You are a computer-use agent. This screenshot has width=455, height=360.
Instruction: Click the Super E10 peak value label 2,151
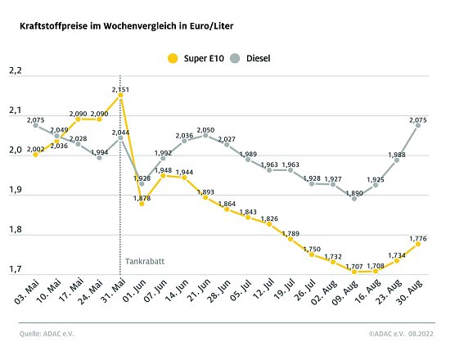[x=120, y=88]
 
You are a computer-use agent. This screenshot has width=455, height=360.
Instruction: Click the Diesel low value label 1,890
[x=354, y=193]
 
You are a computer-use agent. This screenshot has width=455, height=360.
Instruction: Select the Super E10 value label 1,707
[x=354, y=266]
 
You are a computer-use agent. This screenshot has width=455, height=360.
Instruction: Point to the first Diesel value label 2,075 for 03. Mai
[x=35, y=121]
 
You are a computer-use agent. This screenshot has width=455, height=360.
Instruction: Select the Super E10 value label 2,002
[x=35, y=148]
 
